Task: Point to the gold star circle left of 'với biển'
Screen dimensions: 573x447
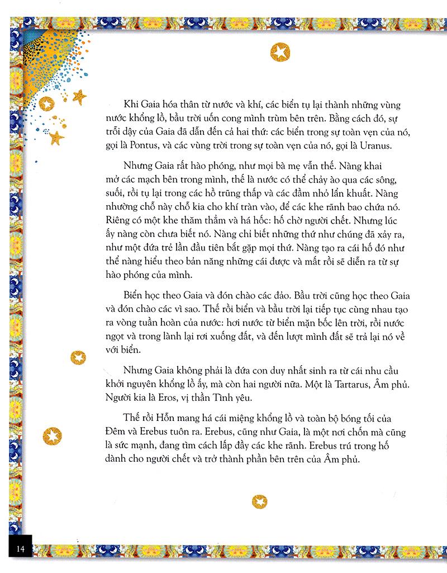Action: (x=78, y=357)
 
